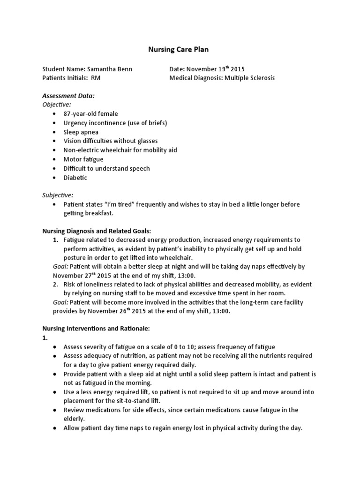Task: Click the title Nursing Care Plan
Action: coord(180,49)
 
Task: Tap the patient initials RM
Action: coord(96,78)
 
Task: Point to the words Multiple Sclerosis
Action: coord(249,78)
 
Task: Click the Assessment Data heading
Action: coord(68,96)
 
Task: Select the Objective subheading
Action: coord(57,105)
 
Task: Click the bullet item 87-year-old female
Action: coord(91,114)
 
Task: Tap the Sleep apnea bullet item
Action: coord(81,132)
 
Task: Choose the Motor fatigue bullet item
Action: coord(83,159)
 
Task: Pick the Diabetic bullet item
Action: coord(75,178)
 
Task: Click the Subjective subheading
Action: coord(58,195)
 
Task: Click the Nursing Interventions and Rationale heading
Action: coord(96,329)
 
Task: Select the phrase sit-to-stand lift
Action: coord(144,400)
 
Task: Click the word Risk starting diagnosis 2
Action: coord(70,285)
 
